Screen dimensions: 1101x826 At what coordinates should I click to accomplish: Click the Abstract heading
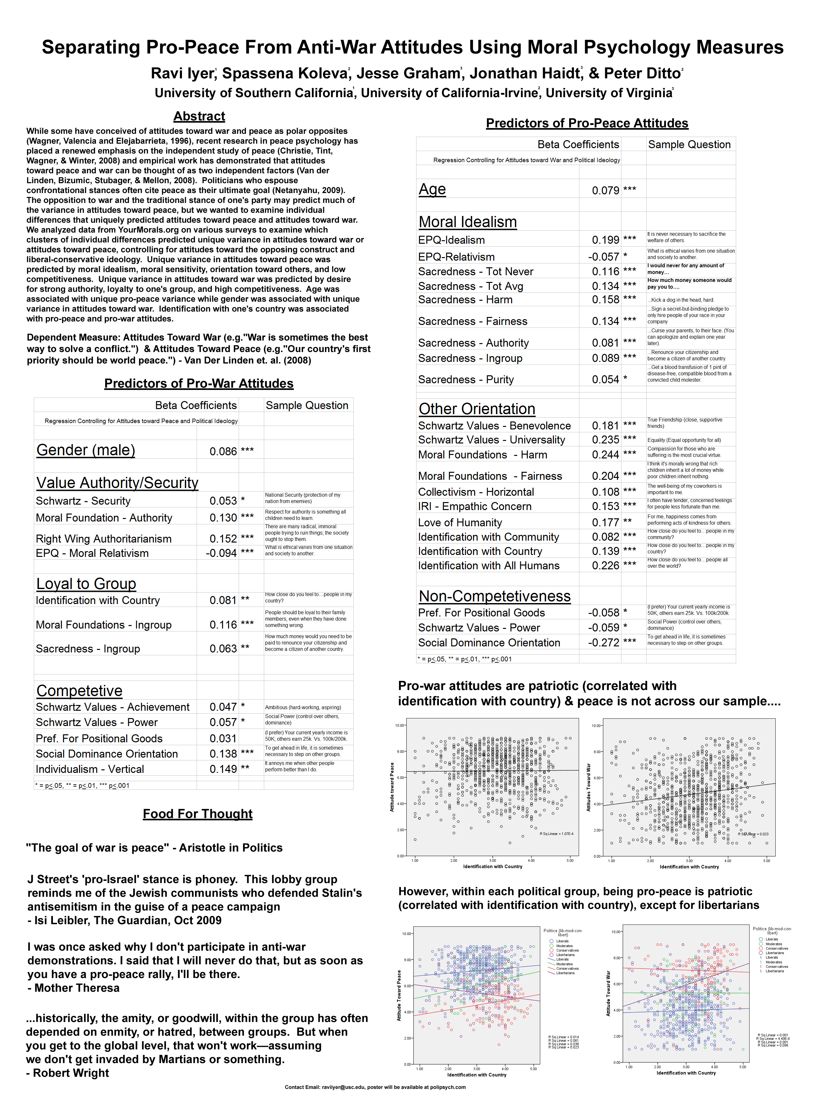coord(199,117)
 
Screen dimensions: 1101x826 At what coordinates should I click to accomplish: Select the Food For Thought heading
coord(198,814)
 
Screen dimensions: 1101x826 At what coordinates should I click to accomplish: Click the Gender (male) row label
coord(86,450)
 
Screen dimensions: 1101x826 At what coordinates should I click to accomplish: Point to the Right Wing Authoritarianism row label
coord(104,539)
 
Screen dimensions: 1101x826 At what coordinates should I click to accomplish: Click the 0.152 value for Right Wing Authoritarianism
coord(223,539)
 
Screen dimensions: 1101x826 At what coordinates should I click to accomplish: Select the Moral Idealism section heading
coord(467,222)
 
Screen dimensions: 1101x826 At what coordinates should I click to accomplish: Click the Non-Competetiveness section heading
coord(494,596)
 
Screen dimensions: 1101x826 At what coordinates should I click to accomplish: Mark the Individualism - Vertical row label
coord(90,769)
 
